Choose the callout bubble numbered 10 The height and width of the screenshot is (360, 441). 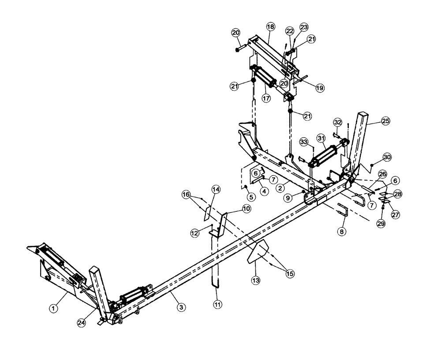[x=245, y=208]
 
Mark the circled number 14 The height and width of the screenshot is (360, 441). [x=216, y=189]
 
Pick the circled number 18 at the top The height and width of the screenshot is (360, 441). [x=270, y=27]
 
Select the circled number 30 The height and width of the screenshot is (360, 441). [x=374, y=157]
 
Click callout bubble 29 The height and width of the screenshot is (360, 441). [x=381, y=224]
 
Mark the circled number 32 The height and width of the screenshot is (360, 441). [x=337, y=122]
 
